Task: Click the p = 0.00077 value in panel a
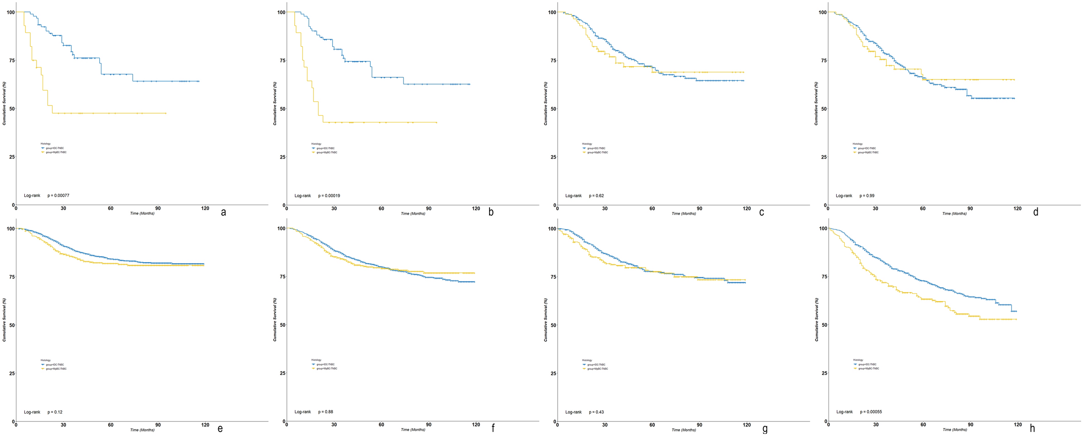[x=58, y=196]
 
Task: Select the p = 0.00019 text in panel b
[x=329, y=196]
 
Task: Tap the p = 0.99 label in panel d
[x=867, y=196]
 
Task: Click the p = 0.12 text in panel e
[x=55, y=412]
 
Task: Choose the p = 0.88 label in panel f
[x=325, y=412]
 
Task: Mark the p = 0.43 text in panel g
[x=596, y=412]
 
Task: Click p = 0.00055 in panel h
[x=871, y=412]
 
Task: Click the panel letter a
[x=223, y=212]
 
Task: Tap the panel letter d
[x=1035, y=212]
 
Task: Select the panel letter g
[x=765, y=429]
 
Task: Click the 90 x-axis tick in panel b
[x=429, y=208]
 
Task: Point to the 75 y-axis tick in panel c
[x=552, y=60]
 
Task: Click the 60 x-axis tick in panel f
[x=381, y=425]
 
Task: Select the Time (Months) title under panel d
[x=954, y=213]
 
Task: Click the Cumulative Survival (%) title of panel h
[x=816, y=319]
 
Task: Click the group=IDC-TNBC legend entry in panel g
[x=596, y=365]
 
